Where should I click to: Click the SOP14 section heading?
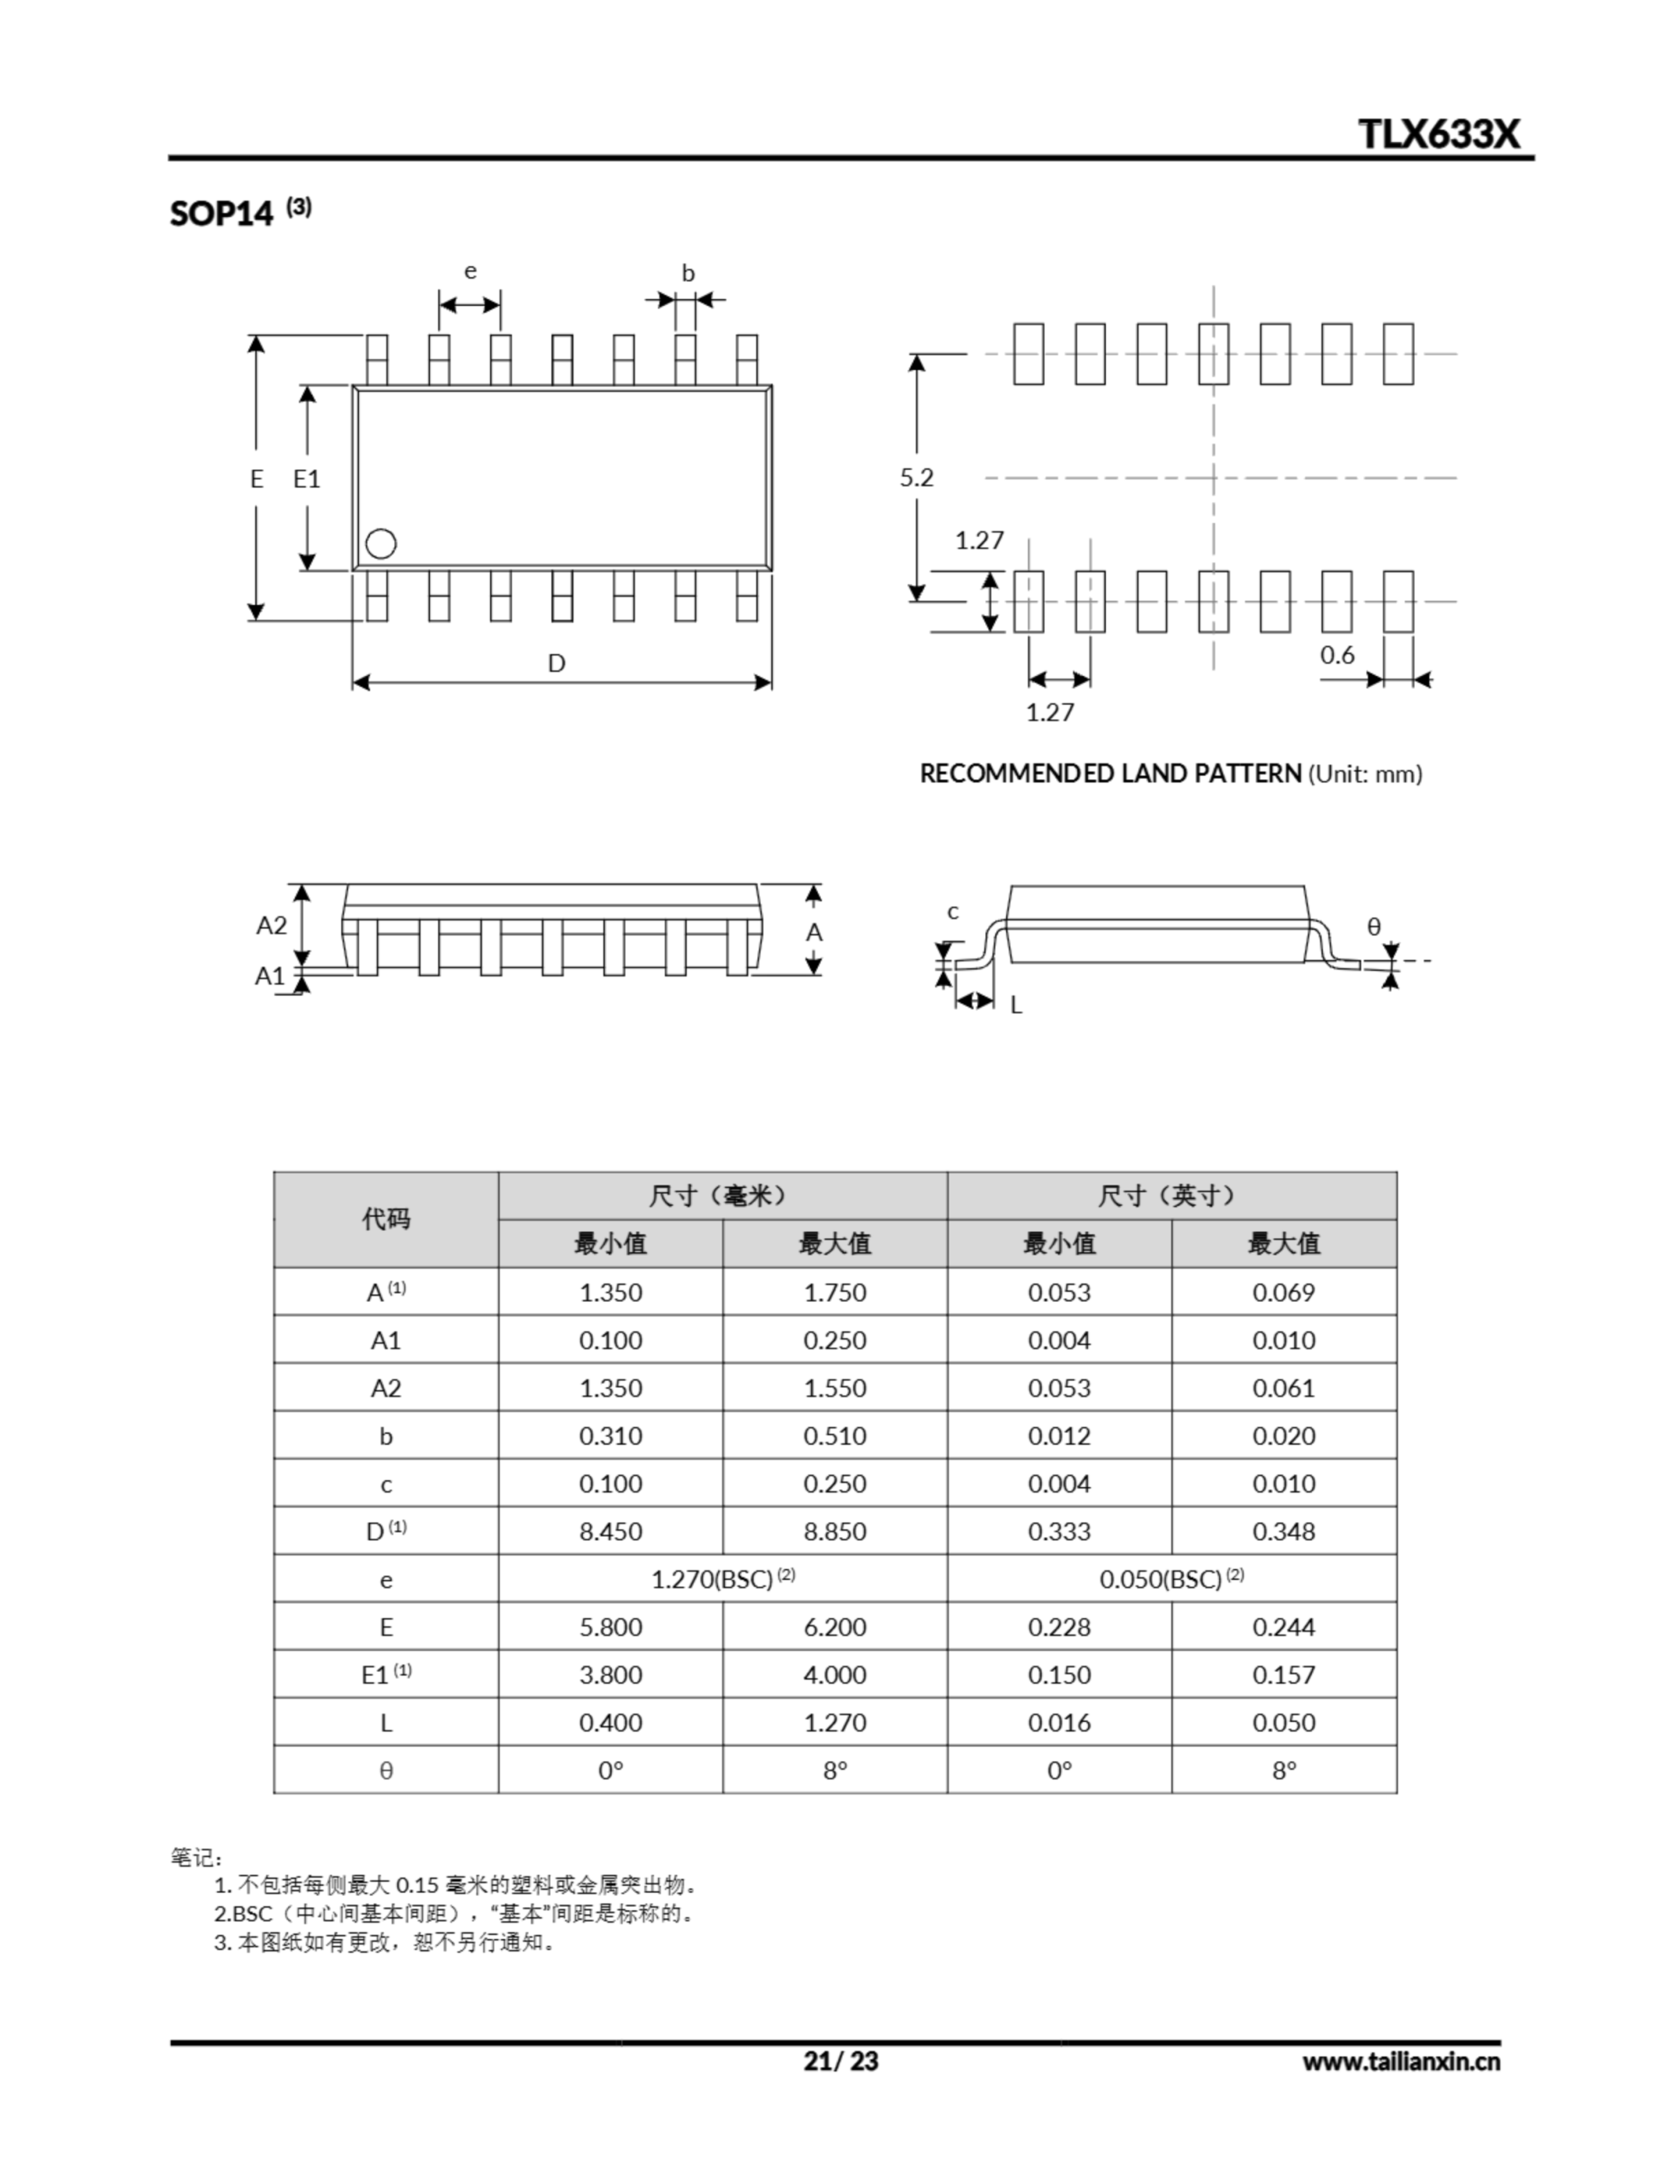(x=220, y=213)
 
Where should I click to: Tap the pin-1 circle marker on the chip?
(x=380, y=544)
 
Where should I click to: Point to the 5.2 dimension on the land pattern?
(x=917, y=477)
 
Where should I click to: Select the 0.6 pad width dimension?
(x=1336, y=655)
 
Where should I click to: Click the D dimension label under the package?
(x=557, y=662)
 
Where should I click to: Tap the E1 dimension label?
(x=307, y=479)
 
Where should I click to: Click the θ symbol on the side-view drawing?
(x=1374, y=927)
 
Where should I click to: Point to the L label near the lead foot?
(x=1015, y=1005)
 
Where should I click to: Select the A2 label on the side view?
(x=271, y=925)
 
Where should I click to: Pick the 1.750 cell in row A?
(x=834, y=1293)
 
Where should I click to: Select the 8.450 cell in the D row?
(x=610, y=1531)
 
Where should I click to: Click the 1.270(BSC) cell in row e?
(x=722, y=1578)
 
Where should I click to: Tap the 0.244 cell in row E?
(x=1284, y=1626)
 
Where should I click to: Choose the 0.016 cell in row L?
(x=1059, y=1722)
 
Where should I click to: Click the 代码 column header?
(x=385, y=1219)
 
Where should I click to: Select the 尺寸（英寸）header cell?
(x=1171, y=1196)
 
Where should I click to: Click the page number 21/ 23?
(x=840, y=2061)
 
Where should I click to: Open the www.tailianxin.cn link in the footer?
(x=1401, y=2062)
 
